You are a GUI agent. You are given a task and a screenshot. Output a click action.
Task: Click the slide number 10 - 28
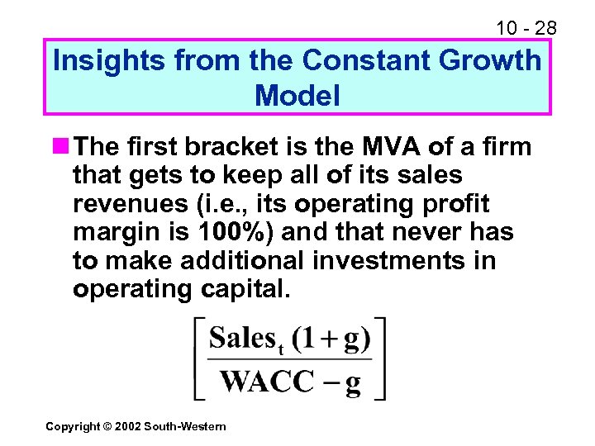[x=526, y=28]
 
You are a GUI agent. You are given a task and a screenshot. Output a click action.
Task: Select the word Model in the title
[x=297, y=96]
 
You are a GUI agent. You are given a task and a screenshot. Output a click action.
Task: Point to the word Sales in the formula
[x=243, y=339]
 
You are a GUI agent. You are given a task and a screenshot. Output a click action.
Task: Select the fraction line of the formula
[x=289, y=361]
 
